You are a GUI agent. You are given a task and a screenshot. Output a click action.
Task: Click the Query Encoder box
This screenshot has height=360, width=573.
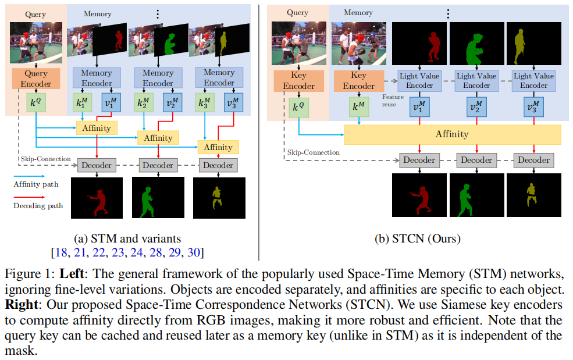[x=35, y=79]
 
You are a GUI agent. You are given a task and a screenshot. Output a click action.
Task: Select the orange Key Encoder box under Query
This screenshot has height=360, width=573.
[x=298, y=81]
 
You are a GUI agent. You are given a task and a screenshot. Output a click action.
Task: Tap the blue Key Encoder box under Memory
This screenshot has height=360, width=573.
[x=358, y=81]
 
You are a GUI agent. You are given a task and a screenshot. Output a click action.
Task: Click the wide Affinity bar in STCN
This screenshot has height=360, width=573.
[x=452, y=134]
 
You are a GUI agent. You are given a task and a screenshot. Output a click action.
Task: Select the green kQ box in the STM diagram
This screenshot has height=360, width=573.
[x=35, y=103]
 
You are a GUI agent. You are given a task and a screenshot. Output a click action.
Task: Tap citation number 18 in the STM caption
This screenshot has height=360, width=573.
[x=60, y=251]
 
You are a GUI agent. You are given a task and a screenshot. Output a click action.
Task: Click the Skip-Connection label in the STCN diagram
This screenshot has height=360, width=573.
[x=313, y=152]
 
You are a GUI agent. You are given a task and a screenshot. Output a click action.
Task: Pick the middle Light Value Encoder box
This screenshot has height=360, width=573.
[x=476, y=81]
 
